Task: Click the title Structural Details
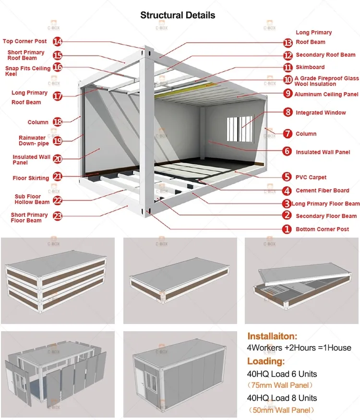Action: click(178, 15)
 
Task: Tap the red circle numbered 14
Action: click(58, 41)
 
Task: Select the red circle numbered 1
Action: click(287, 229)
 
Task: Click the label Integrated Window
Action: click(321, 113)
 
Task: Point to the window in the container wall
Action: click(240, 127)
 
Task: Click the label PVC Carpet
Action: click(311, 177)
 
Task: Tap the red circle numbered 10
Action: click(288, 80)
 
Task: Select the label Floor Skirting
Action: click(31, 178)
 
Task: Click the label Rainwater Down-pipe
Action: click(32, 141)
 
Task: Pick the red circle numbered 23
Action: click(58, 216)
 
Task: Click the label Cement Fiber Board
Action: click(323, 190)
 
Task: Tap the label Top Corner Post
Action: click(24, 41)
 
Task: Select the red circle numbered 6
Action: click(287, 152)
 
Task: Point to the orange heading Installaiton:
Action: click(273, 336)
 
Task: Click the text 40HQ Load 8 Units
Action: click(282, 398)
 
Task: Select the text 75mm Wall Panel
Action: click(281, 385)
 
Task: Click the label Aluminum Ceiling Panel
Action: click(326, 94)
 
